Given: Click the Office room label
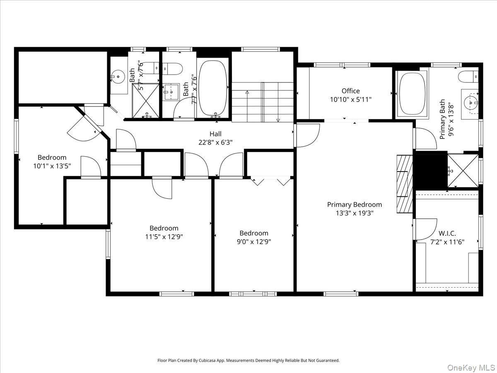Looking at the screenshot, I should coord(350,91).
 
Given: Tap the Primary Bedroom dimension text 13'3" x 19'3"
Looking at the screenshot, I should coord(355,213).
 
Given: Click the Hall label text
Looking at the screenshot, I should coord(215,134).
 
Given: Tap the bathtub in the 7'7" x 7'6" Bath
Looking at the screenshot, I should coord(213,88).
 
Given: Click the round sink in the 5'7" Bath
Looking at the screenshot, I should coord(118,76).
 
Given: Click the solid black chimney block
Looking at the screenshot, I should coord(431,170).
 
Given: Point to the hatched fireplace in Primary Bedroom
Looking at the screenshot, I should coord(405,184).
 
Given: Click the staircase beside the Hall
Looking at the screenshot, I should coord(262,102).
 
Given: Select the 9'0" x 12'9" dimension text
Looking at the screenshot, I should coord(254,242).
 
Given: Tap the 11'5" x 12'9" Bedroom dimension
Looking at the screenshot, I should coord(164,237).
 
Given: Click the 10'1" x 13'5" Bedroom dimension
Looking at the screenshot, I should coord(52,166).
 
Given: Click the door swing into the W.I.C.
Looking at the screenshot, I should coord(426,229).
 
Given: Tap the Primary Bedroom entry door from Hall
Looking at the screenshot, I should coord(306,136).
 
